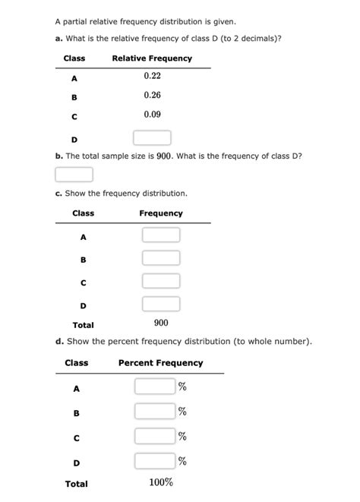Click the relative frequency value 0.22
tap(152, 77)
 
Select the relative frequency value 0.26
tap(152, 96)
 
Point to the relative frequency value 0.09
tap(152, 115)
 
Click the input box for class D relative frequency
tap(152, 137)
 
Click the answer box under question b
tap(74, 175)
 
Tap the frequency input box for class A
tap(161, 235)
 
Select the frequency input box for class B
tap(161, 258)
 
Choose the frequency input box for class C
tap(161, 281)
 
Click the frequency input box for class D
tap(161, 305)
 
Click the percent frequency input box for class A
tap(154, 387)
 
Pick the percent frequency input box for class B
tap(154, 412)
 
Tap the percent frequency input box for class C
tap(154, 436)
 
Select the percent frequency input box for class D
tap(154, 461)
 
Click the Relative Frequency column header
tap(152, 58)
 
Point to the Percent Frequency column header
tap(161, 363)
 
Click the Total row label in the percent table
tap(77, 484)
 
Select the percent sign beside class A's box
tap(182, 387)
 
